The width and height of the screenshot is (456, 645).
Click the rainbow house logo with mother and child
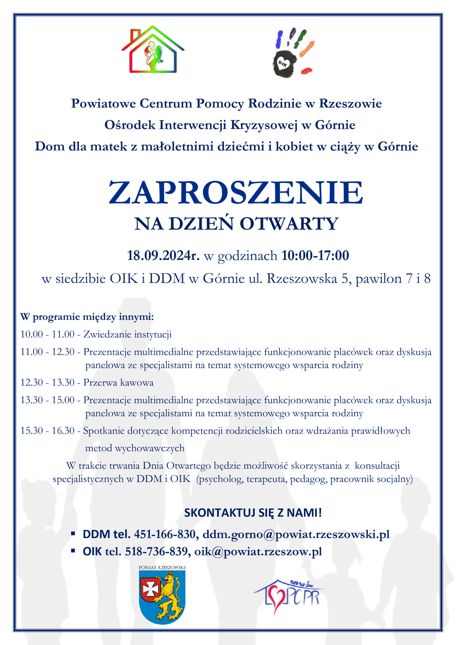(x=153, y=50)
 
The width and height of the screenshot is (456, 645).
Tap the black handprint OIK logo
(x=293, y=53)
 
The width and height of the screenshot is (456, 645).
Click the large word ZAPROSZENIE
(x=236, y=193)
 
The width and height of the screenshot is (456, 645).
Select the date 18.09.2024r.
(x=163, y=255)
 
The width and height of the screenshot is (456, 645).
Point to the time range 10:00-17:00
(x=315, y=255)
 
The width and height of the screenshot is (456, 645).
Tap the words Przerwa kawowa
(x=119, y=382)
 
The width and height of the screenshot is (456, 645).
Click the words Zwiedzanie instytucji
(x=127, y=334)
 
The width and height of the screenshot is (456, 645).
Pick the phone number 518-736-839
(x=156, y=552)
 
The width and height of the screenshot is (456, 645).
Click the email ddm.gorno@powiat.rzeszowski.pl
(x=296, y=534)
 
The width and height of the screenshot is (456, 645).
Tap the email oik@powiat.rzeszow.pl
(x=258, y=552)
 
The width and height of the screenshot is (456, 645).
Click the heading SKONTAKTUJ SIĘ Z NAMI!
(x=253, y=513)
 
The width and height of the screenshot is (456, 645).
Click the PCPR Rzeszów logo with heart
(x=289, y=596)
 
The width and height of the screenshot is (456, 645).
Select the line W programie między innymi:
(x=87, y=317)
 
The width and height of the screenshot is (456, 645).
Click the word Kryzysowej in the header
(x=264, y=125)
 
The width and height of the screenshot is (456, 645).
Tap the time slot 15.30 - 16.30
(x=47, y=431)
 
